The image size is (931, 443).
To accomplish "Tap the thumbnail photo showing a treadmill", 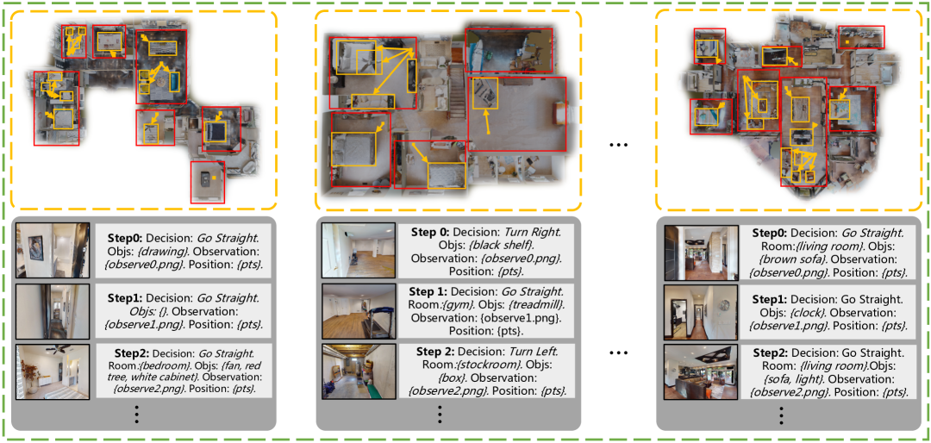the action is click(359, 311).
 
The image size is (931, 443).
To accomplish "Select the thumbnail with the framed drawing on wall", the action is click(53, 251).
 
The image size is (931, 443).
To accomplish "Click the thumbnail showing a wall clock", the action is click(701, 311).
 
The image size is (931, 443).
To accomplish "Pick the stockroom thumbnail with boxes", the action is click(359, 371).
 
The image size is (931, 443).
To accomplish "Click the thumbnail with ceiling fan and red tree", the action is click(53, 371).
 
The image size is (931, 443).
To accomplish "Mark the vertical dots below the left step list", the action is click(137, 414).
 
